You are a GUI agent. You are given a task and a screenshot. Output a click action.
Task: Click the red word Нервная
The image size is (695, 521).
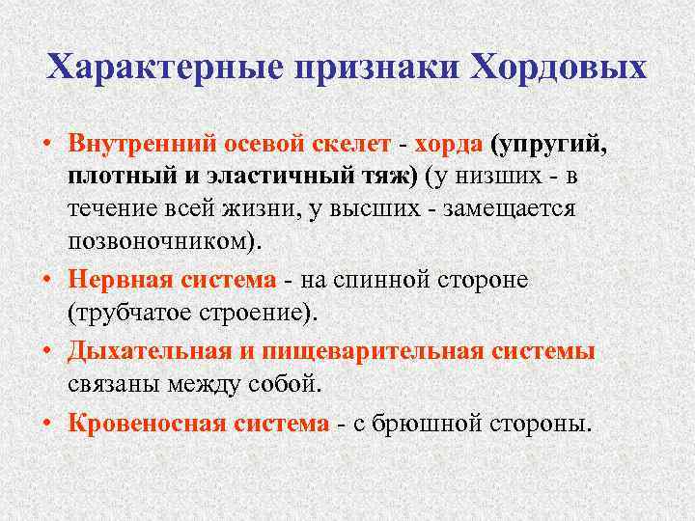116,279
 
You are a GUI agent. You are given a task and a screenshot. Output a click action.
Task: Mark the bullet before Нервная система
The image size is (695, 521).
47,280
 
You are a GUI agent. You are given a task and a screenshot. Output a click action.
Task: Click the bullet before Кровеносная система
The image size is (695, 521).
47,424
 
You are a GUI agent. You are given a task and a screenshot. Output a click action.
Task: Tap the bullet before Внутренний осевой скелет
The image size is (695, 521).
47,145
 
